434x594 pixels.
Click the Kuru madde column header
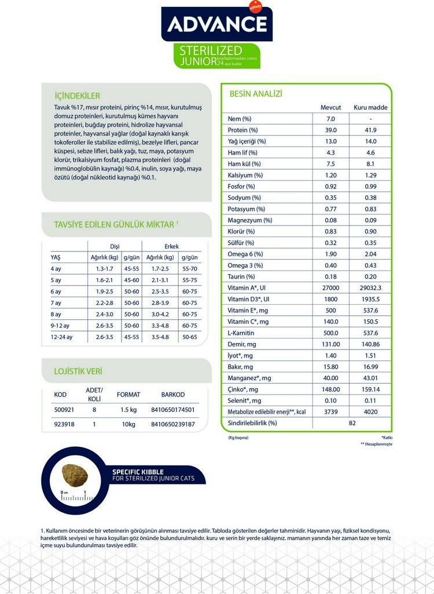(x=370, y=108)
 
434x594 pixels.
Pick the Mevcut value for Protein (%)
(x=331, y=130)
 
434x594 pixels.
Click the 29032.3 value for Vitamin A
(x=370, y=288)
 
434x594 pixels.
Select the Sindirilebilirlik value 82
(x=351, y=423)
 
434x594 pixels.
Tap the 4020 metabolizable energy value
(x=370, y=412)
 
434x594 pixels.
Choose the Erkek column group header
(x=172, y=246)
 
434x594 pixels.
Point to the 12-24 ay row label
(x=62, y=337)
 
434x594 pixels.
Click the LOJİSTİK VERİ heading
(x=78, y=371)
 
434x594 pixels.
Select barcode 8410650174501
(x=172, y=410)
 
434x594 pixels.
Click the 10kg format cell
(x=128, y=424)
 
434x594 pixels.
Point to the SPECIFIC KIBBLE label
(x=138, y=472)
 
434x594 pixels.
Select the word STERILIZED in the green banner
(x=211, y=50)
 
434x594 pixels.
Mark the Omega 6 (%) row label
(x=245, y=254)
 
